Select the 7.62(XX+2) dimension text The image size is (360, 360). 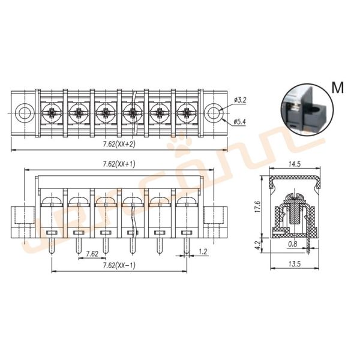(119, 145)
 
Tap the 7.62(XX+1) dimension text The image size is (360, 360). (119, 164)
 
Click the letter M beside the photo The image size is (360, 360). (338, 88)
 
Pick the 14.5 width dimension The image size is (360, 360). (294, 164)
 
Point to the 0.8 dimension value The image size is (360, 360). (292, 244)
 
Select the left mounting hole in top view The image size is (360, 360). (25, 112)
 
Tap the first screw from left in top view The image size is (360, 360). (50, 112)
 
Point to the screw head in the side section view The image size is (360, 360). (293, 197)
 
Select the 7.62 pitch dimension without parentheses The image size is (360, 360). (92, 253)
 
